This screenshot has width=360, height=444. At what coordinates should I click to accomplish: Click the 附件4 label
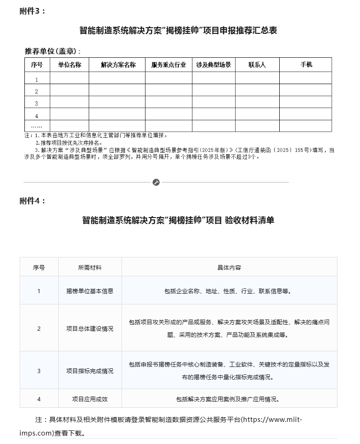click(x=32, y=201)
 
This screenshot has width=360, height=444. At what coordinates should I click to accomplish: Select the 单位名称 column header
click(x=69, y=65)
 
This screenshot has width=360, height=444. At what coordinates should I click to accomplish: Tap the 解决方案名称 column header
click(x=118, y=65)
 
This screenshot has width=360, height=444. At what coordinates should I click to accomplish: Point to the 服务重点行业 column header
click(x=169, y=65)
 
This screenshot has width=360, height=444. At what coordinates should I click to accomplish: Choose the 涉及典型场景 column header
click(x=214, y=65)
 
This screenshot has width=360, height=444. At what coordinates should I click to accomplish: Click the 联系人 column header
click(x=257, y=65)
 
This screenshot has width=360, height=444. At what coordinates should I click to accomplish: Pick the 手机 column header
click(x=306, y=65)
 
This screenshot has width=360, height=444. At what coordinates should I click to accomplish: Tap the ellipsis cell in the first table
click(x=37, y=126)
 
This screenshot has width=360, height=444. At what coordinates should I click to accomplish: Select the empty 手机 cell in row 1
click(x=306, y=78)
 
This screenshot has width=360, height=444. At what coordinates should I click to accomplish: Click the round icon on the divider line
click(x=156, y=182)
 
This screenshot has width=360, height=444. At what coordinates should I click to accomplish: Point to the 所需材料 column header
click(x=90, y=267)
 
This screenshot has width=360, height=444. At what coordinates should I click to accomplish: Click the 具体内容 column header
click(x=229, y=267)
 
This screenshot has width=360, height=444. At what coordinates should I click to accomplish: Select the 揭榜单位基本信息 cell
click(x=90, y=291)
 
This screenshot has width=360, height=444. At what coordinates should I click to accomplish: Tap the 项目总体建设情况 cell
click(x=90, y=328)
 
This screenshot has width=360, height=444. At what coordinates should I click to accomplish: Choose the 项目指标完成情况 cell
click(x=90, y=371)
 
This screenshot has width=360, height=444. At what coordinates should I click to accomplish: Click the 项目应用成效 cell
click(x=90, y=399)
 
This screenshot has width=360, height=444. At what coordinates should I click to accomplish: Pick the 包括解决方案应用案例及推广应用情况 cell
click(x=229, y=399)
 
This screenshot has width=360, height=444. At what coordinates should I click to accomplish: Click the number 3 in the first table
click(x=37, y=103)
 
